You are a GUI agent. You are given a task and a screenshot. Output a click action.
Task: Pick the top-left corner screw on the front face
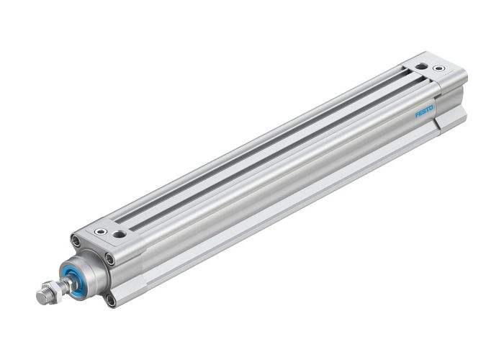click(x=76, y=240)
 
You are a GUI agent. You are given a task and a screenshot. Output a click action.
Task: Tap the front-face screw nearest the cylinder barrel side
click(x=109, y=258)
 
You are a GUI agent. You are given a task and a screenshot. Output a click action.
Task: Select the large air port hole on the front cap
click(x=120, y=234)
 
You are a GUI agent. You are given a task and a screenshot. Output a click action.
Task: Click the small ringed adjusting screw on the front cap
click(x=101, y=231)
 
